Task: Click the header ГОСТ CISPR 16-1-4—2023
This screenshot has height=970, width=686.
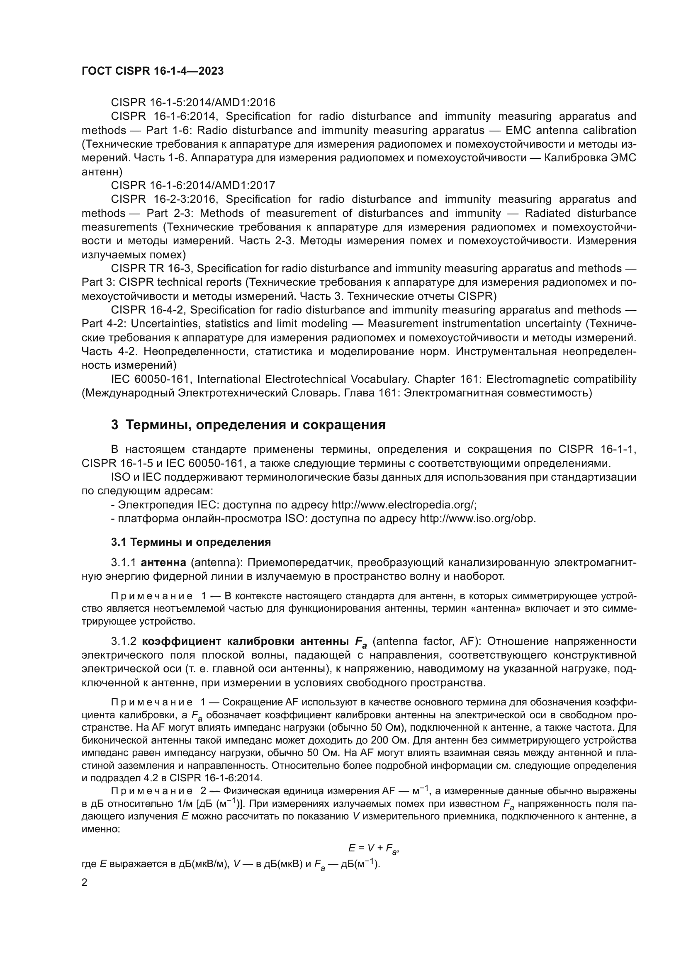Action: [153, 71]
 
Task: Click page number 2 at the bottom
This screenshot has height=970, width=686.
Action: [85, 882]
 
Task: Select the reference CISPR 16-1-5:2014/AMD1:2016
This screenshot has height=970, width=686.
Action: [192, 102]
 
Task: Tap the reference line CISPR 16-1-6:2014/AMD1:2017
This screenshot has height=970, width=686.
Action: [192, 185]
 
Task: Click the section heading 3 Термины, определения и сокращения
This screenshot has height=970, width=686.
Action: [248, 425]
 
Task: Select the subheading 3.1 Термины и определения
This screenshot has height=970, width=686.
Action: [191, 542]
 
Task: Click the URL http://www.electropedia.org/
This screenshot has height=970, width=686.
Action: [404, 505]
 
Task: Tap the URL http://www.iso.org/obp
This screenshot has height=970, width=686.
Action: [477, 518]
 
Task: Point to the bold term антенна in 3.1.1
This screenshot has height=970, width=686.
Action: [163, 563]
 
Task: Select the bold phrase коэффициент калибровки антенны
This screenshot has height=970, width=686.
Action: [245, 641]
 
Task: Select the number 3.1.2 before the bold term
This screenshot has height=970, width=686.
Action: [123, 641]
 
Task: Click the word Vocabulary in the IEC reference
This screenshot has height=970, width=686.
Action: [378, 379]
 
